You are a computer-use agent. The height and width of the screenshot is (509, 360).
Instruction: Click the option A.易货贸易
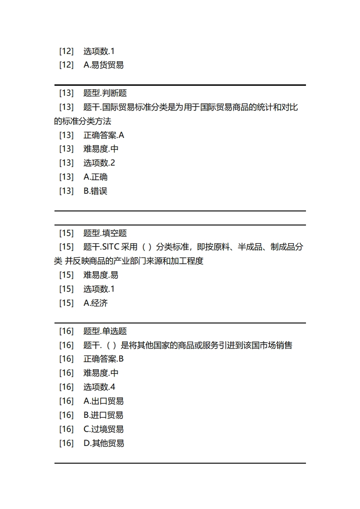point(104,65)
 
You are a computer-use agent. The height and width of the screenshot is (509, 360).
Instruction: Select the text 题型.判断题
point(105,93)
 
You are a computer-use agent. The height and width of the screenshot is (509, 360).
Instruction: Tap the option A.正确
point(95,177)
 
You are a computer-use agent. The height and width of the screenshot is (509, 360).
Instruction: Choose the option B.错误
point(95,191)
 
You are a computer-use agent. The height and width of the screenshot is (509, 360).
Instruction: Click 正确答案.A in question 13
point(104,135)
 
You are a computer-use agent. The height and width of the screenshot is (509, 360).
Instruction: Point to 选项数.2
point(99,163)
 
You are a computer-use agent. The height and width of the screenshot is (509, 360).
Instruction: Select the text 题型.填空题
point(105,233)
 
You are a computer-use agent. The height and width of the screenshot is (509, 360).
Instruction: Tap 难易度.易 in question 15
point(101,275)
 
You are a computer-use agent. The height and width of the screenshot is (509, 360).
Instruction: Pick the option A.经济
point(95,303)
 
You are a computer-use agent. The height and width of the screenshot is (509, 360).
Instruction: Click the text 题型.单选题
point(105,331)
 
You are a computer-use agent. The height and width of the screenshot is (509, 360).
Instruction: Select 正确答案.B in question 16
point(104,359)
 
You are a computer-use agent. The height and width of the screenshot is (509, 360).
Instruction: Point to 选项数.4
point(99,387)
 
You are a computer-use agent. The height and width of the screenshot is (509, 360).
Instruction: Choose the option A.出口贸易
point(104,401)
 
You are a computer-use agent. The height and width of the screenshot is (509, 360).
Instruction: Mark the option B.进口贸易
point(104,415)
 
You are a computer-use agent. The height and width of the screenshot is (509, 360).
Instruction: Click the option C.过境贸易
point(104,429)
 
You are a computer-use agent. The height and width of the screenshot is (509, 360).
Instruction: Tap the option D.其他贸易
point(104,443)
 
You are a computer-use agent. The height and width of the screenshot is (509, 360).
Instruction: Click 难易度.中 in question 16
point(101,373)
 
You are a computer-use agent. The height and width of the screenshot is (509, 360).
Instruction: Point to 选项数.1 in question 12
point(99,51)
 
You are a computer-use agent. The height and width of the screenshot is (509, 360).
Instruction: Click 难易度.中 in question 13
point(101,149)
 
